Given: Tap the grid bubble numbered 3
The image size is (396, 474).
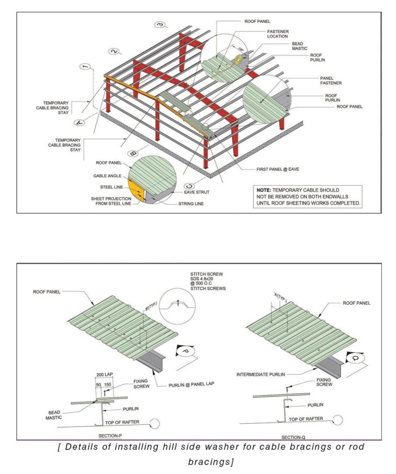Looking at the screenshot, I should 160,24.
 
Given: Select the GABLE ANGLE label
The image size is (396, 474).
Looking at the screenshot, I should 107,176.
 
